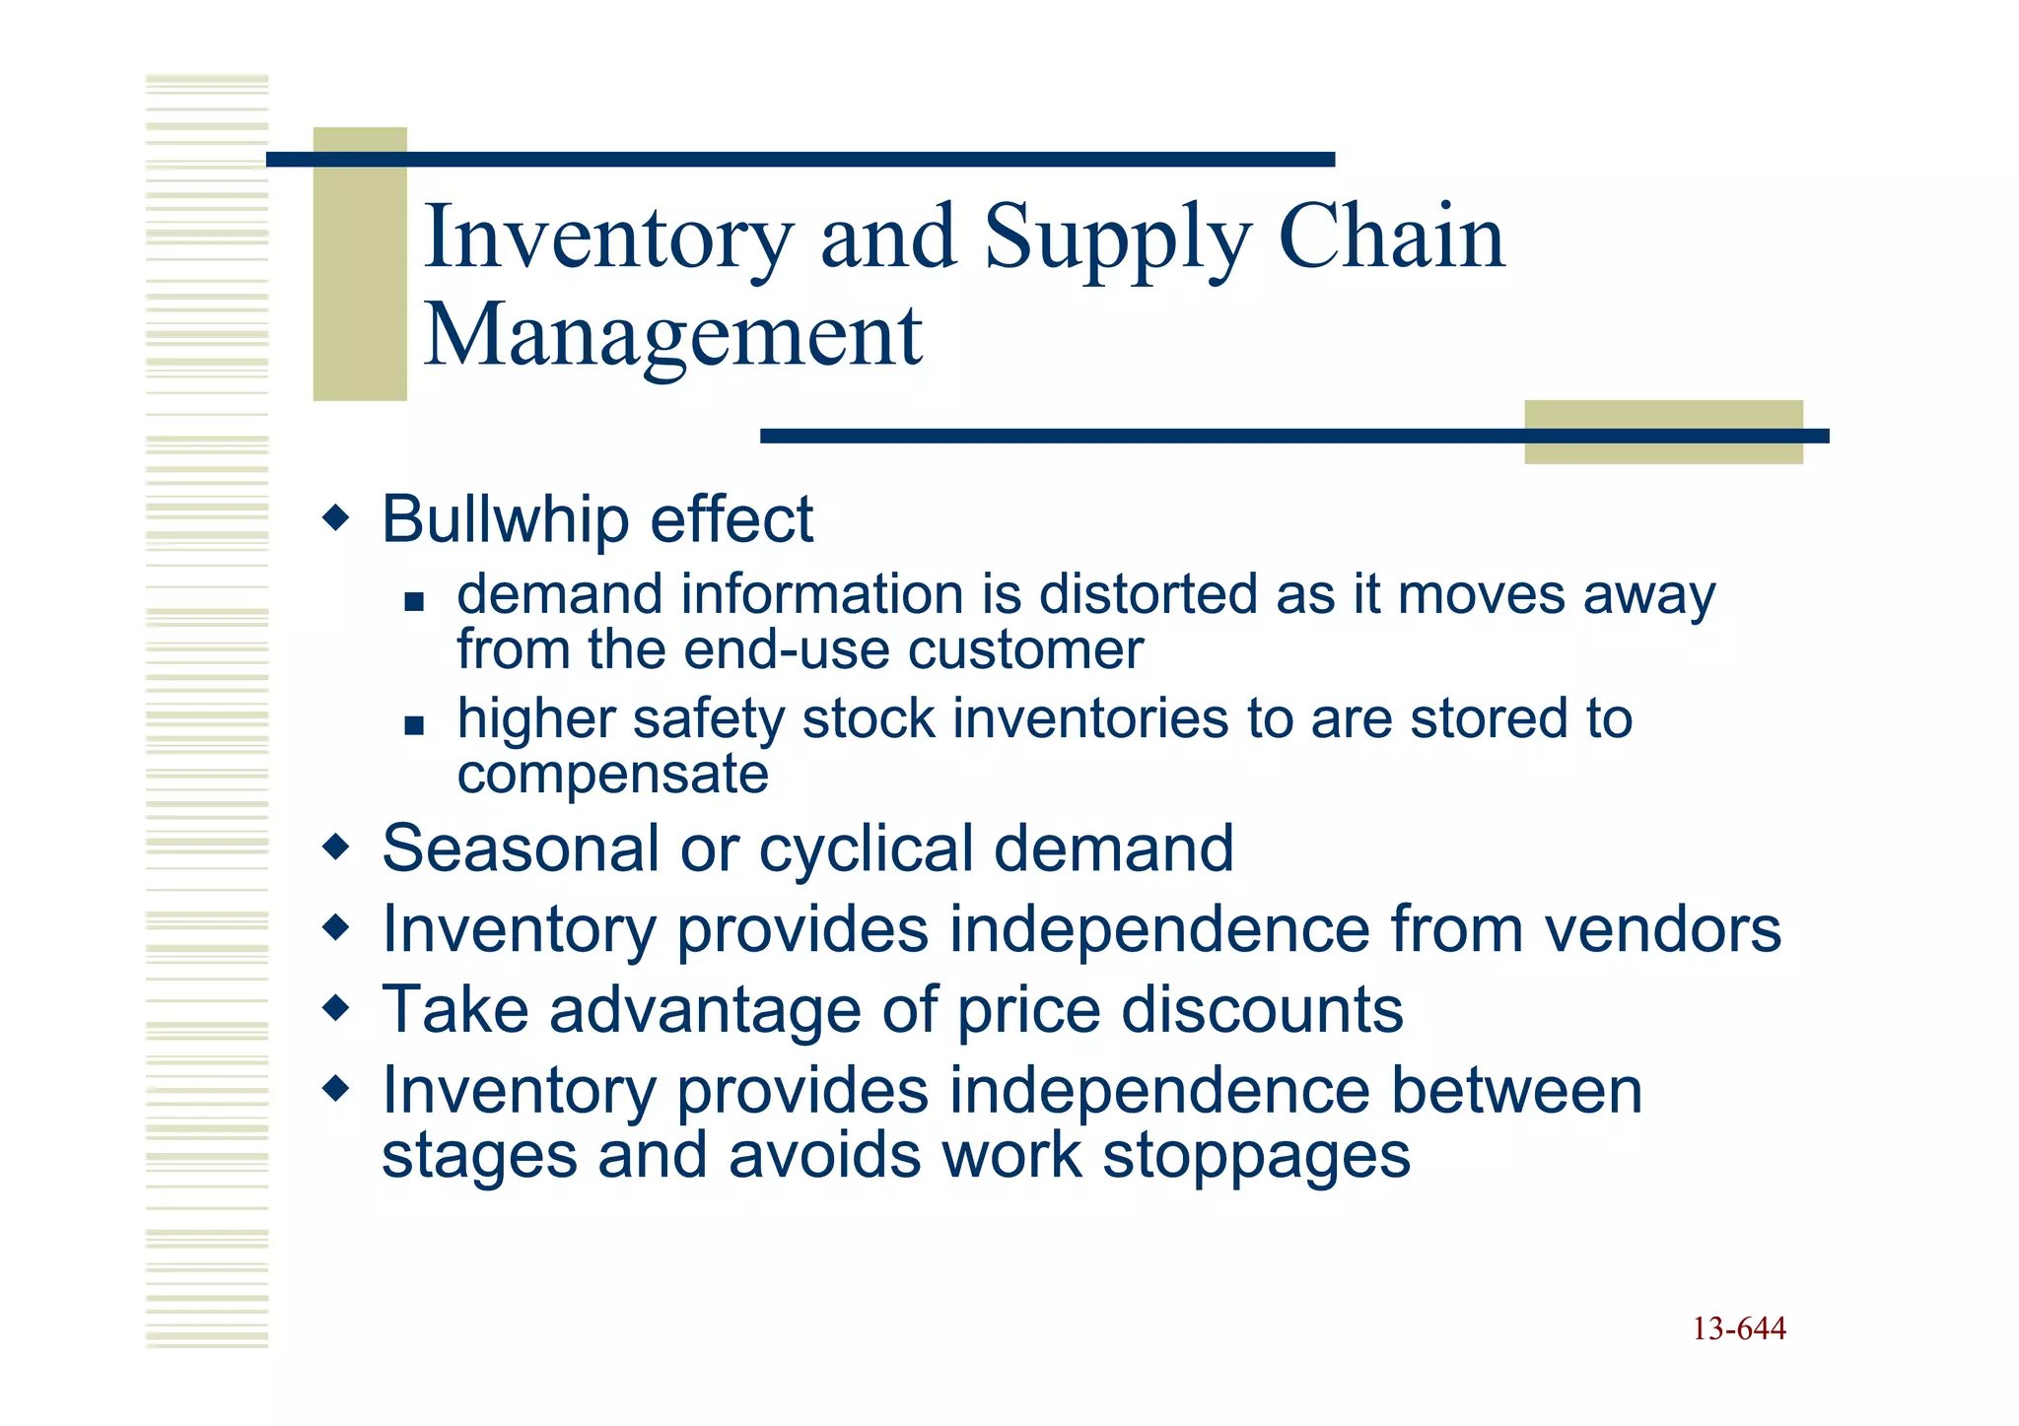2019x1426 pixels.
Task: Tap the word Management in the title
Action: pos(672,335)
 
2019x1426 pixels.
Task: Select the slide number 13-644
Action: pos(1739,1329)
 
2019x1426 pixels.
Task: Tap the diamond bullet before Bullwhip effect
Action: pos(336,516)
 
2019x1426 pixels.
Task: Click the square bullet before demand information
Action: pos(414,601)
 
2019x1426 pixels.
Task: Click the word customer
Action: pos(1025,650)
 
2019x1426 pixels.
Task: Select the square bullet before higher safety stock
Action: pos(414,726)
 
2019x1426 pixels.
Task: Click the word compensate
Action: pos(612,775)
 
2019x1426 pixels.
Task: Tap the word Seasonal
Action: pos(520,849)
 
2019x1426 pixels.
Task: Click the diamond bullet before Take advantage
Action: pos(336,1007)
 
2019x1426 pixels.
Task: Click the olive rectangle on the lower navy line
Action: pos(1663,432)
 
